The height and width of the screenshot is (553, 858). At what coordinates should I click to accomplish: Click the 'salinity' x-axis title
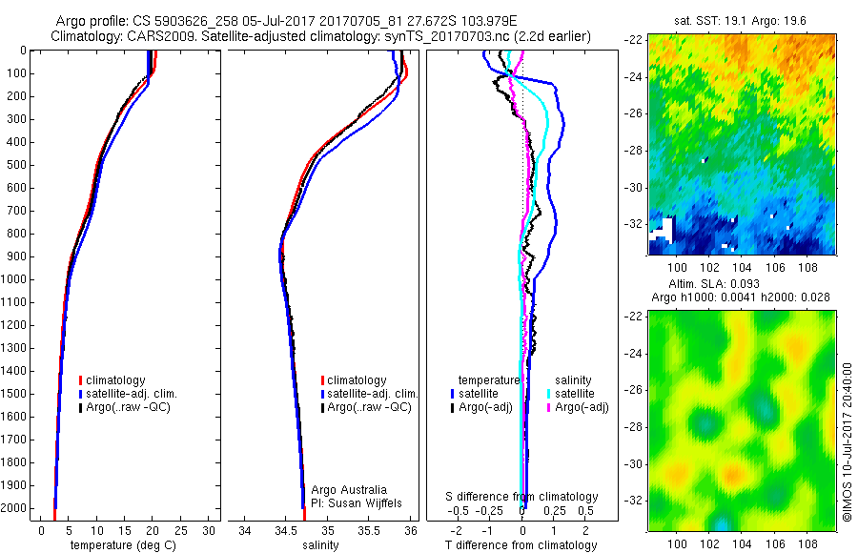click(x=322, y=545)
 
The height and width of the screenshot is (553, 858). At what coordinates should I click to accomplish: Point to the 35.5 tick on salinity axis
click(x=369, y=530)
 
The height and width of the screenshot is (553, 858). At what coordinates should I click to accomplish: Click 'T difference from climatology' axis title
click(x=522, y=545)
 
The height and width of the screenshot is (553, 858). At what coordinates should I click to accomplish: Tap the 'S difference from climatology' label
click(x=522, y=497)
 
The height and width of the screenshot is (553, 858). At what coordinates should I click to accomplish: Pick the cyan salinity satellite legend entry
click(x=572, y=394)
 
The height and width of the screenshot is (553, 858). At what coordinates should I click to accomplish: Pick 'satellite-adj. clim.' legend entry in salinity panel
click(x=373, y=394)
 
